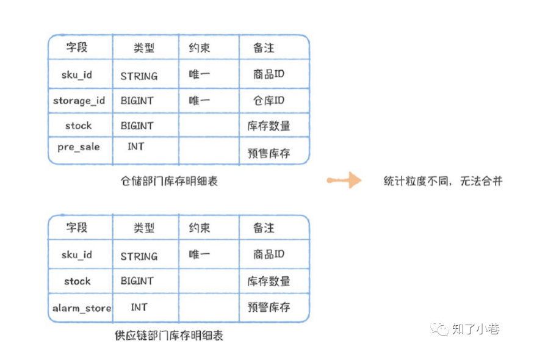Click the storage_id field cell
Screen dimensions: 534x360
79,101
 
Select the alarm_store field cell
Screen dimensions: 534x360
82,308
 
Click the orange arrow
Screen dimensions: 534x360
344,180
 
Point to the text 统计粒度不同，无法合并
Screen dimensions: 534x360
443,181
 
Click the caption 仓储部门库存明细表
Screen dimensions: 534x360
169,181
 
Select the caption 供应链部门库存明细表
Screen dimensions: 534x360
169,336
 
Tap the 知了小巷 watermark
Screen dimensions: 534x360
465,329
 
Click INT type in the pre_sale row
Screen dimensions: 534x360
136,146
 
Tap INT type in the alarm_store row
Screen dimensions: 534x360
139,307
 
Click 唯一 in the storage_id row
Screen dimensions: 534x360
199,101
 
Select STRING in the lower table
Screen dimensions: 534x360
139,256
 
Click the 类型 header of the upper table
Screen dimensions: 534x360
144,48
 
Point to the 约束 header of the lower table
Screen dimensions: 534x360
200,228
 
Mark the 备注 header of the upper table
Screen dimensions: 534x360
264,48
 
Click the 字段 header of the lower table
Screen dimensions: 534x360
77,227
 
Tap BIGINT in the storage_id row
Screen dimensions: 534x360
137,101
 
